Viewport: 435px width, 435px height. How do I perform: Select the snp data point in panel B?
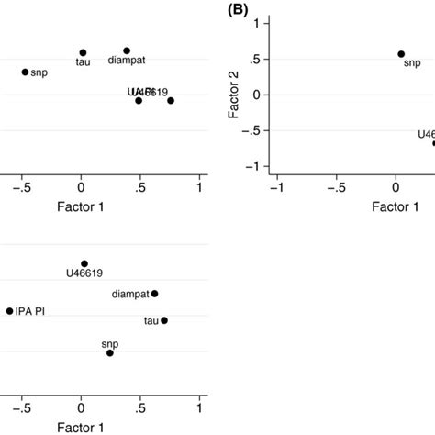point(401,54)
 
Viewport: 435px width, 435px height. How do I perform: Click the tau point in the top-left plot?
point(83,53)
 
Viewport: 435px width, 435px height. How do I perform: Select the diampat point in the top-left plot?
point(127,50)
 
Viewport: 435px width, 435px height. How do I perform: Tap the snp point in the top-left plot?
point(25,72)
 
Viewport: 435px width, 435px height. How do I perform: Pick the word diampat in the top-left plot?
point(126,61)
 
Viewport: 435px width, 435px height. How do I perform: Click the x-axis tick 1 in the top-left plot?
point(200,188)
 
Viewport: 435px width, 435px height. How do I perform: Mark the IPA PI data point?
point(9,311)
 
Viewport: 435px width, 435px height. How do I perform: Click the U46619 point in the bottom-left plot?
point(84,263)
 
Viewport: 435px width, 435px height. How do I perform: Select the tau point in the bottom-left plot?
point(164,320)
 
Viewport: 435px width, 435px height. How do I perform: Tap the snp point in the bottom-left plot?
point(110,352)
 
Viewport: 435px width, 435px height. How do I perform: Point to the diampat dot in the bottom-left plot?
point(154,294)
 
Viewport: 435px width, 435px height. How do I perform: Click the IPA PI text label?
point(31,312)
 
